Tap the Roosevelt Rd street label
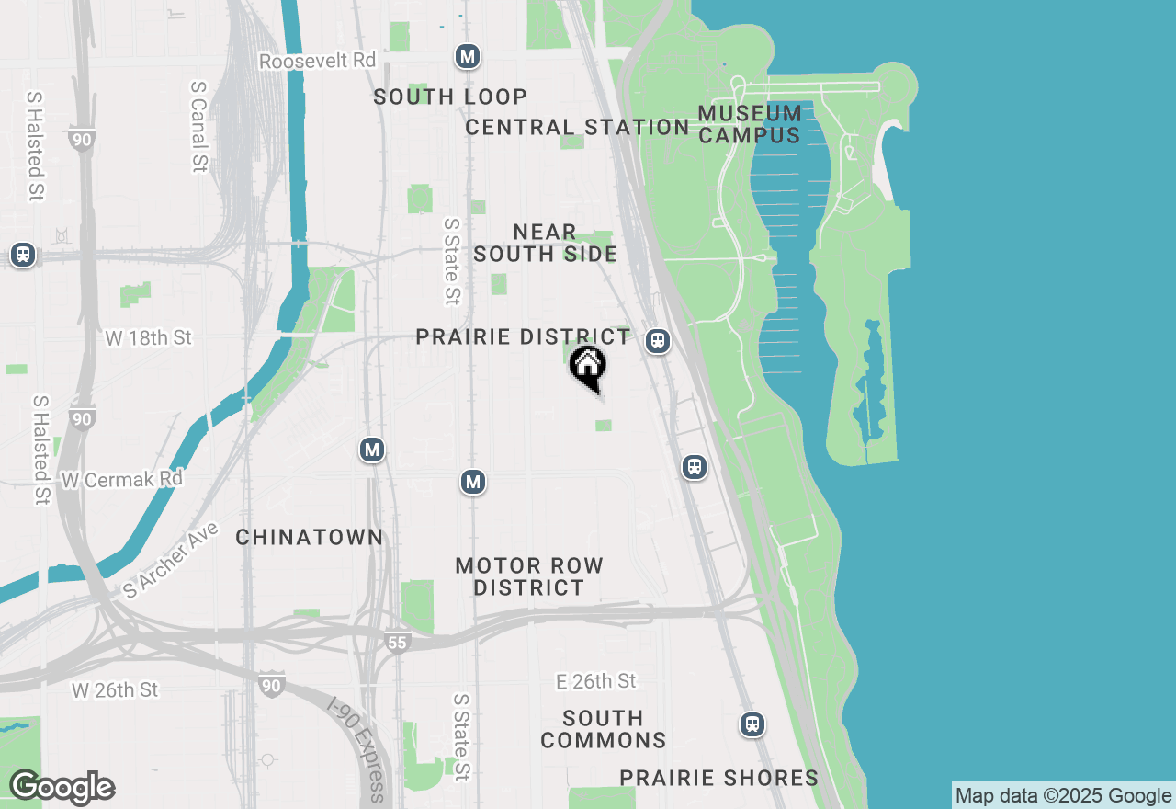coord(318,61)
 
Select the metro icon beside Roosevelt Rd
coord(468,57)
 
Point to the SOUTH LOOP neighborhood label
coord(450,97)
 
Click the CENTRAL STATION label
coord(577,127)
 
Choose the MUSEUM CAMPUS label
coord(750,124)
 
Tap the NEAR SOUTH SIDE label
coord(545,243)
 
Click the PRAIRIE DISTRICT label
coord(524,336)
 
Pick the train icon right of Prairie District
coord(657,341)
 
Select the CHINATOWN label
coord(309,537)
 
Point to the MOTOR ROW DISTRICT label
coord(529,576)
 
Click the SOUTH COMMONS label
coord(604,729)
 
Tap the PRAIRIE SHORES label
coord(718,778)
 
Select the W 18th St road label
coord(148,338)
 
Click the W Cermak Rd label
coord(122,480)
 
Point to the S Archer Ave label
coord(171,561)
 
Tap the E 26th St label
coord(596,681)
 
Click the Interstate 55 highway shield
coord(396,643)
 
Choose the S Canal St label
coord(198,126)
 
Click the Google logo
coord(62,788)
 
